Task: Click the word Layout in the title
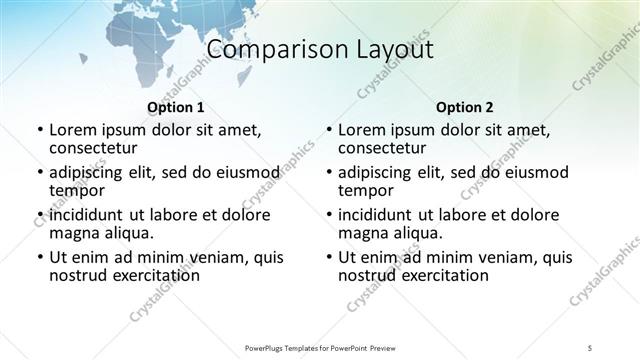coord(392,50)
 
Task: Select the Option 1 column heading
coord(175,107)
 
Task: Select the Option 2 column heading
coord(465,107)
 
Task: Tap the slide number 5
coord(591,346)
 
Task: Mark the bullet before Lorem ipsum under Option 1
coord(39,130)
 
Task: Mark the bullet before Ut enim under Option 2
coord(329,257)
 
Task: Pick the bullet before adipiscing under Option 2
coord(329,173)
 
